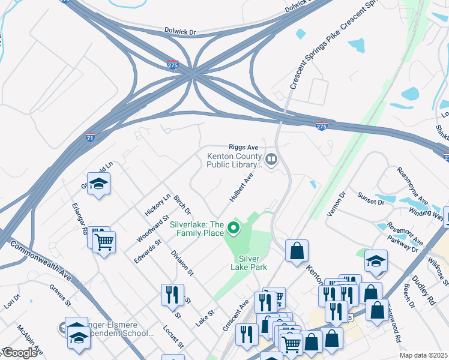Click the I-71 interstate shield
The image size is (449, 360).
point(90,138)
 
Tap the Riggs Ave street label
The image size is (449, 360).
point(243,147)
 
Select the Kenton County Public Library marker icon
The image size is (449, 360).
point(271,160)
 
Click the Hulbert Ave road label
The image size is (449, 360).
point(241,187)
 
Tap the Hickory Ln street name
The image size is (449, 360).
point(158,205)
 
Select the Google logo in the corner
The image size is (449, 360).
point(19,353)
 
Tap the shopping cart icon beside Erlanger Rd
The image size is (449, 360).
point(104,242)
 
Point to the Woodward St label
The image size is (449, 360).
point(147,230)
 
